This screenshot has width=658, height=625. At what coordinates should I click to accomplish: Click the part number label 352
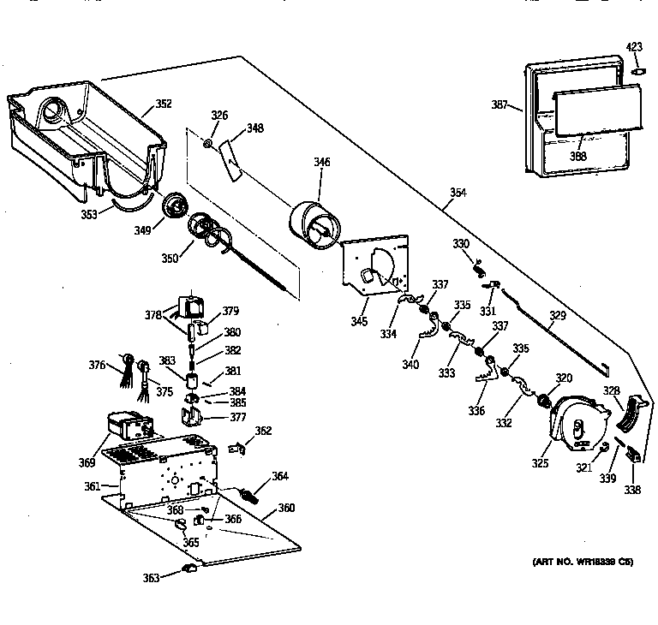point(163,104)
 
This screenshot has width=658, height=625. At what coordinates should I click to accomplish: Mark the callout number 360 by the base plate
point(285,508)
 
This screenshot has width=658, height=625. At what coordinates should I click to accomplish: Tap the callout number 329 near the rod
point(558,316)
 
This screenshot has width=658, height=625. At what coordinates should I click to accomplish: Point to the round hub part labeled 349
point(176,206)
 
